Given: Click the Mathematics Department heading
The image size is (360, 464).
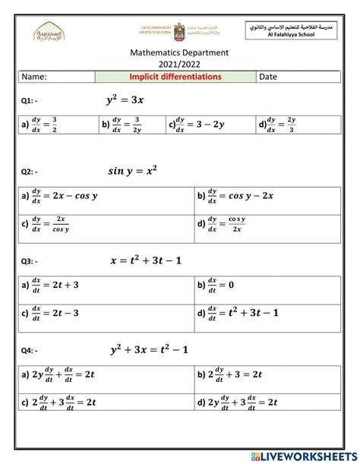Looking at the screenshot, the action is click(179, 52).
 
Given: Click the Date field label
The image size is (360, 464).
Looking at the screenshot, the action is click(269, 77).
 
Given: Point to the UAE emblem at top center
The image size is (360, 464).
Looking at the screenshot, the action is click(180, 30).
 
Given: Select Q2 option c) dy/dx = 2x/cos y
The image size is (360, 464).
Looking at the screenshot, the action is click(53, 224).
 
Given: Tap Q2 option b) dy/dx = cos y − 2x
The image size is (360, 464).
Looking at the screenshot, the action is click(239, 197).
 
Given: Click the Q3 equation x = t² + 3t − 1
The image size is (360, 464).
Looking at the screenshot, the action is click(156, 260).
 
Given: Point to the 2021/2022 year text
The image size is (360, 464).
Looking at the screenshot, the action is click(179, 64).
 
